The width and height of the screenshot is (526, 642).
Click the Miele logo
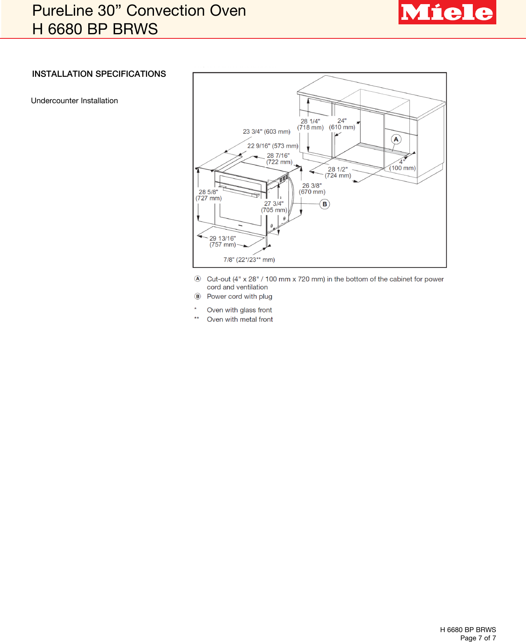tap(447, 12)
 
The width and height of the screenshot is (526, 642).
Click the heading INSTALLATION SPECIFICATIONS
tap(99, 74)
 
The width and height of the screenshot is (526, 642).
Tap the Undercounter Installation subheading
tap(74, 101)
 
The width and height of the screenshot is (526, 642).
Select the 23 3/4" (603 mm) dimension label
tap(267, 132)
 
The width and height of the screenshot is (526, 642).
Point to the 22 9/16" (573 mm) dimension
tap(273, 146)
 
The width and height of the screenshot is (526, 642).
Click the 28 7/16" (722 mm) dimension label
tap(279, 159)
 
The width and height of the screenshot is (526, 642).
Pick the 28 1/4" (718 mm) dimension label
tap(310, 124)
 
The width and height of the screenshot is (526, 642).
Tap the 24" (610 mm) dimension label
tap(342, 124)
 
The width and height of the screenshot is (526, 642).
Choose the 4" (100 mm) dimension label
tap(402, 165)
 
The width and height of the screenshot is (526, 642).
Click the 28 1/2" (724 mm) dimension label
tap(338, 173)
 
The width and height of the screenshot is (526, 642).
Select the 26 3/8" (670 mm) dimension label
tap(312, 189)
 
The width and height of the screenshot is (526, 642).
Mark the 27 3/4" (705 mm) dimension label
tap(274, 207)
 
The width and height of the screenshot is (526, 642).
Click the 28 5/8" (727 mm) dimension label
tap(208, 195)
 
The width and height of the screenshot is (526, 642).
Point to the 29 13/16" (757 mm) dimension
tap(223, 242)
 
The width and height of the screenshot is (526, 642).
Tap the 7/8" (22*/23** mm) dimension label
tap(249, 260)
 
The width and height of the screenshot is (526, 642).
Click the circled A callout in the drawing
tap(396, 139)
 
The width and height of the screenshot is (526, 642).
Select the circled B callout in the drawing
tap(325, 204)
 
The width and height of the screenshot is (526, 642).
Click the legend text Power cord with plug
tap(239, 296)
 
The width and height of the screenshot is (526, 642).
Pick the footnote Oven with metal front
tap(240, 320)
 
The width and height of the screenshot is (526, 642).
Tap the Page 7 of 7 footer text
tap(478, 638)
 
